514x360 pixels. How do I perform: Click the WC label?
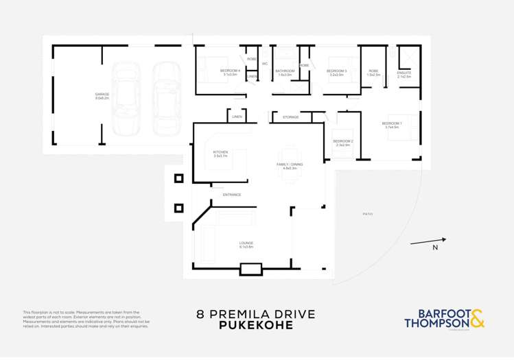coord(264,64)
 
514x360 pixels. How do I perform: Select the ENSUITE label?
coord(404,74)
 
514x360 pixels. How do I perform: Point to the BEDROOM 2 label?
coord(343,143)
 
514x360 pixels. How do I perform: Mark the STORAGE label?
coord(290,117)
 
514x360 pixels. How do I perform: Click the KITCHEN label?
coord(220,154)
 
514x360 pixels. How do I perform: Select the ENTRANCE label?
coord(231,195)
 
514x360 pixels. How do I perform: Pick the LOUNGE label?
coord(246,244)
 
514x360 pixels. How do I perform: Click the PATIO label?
coord(368,214)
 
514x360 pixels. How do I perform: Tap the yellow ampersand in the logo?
coord(478,318)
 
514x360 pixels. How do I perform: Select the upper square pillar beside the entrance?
coord(178,179)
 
